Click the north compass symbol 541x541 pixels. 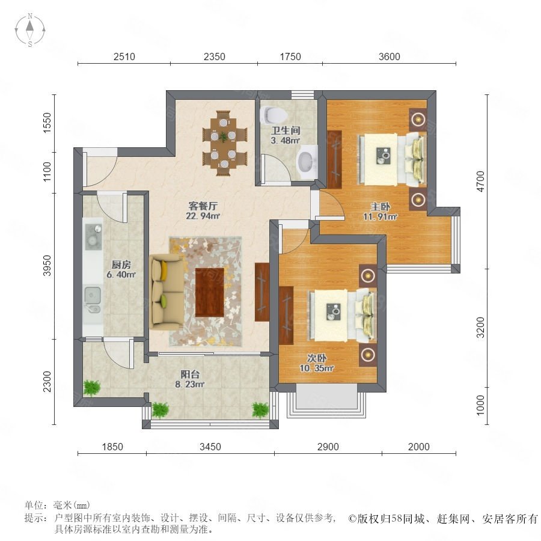coord(30,30)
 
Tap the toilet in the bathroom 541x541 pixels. coord(272,115)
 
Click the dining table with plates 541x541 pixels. coord(224,143)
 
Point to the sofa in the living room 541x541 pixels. coord(167,292)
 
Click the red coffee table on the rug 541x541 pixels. coord(209,292)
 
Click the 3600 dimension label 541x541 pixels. coord(389,57)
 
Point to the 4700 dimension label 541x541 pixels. coord(480,181)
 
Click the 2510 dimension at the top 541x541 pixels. coord(124,57)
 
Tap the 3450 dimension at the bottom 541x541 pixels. coord(210,447)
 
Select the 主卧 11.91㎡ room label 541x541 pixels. coord(381,212)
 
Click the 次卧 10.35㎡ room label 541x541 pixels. coord(316,363)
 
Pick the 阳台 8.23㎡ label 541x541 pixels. coord(190,379)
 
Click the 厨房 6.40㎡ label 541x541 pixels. coord(121,269)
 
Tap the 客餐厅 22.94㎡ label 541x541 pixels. coord(203,211)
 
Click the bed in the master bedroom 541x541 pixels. coord(391,159)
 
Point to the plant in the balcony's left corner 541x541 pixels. coord(92,388)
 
